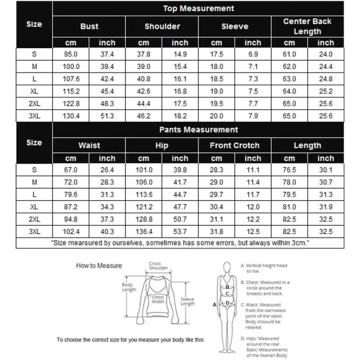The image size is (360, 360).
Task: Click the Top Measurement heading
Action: click(198, 9)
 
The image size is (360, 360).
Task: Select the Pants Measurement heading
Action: click(198, 130)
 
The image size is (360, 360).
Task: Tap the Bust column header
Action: click(89, 26)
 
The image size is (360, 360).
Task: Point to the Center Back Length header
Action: click(307, 26)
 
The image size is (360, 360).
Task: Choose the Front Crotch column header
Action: click(235, 145)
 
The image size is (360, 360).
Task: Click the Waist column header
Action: click(89, 145)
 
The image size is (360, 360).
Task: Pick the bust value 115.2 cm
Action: click(71, 91)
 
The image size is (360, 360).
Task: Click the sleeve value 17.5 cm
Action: click(217, 54)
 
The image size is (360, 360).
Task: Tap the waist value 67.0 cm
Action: click(71, 170)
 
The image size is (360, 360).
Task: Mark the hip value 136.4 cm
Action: click(144, 231)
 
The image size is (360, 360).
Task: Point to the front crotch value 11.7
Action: click(253, 194)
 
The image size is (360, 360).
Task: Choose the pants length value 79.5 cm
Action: click(289, 194)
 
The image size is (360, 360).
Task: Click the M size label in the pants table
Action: click(34, 182)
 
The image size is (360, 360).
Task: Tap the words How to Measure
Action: click(98, 265)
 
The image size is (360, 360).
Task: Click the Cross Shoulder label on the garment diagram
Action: click(154, 266)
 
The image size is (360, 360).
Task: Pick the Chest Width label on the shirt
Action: click(158, 299)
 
